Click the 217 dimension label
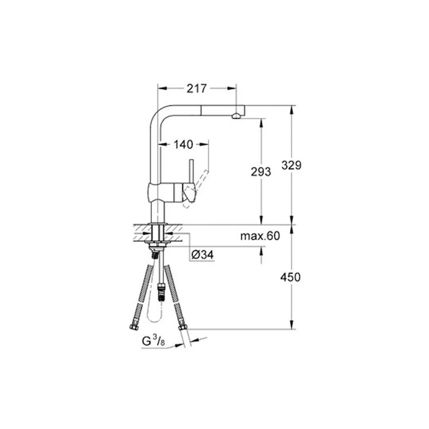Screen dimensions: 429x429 196,88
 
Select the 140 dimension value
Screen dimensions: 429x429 183,145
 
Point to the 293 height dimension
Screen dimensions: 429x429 261,172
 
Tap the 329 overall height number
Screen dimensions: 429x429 291,165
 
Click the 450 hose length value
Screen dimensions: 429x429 290,277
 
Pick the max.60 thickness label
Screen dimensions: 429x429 260,236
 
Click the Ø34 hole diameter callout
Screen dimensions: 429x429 202,255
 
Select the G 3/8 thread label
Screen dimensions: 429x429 153,341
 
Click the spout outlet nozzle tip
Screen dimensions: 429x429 236,116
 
